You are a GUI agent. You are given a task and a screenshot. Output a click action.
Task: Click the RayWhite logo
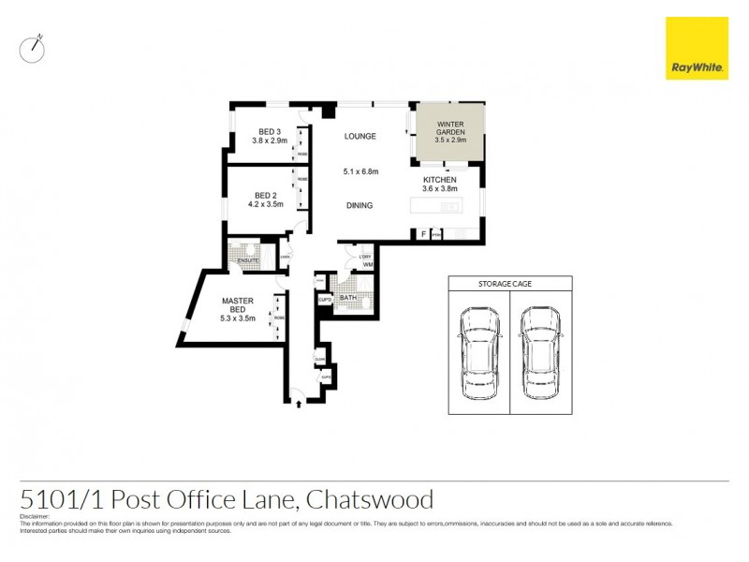coord(697,49)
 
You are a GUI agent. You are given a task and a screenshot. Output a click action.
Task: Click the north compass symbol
coord(33,49)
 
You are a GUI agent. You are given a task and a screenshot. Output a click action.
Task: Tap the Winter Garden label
coord(448,125)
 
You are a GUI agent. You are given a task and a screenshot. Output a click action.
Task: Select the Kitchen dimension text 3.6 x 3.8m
coord(439,189)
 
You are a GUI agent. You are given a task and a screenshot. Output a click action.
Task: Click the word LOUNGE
coord(360,137)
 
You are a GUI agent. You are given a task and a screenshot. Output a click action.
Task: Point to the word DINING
coord(359,206)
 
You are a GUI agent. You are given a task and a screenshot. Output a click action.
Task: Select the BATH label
coord(348,299)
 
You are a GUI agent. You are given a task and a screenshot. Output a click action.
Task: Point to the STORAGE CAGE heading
coord(508,282)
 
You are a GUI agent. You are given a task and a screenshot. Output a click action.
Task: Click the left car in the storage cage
coord(477,351)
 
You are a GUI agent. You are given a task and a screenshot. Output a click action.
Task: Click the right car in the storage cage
coord(540,351)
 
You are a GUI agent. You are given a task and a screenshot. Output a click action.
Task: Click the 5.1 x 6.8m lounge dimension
coord(360,171)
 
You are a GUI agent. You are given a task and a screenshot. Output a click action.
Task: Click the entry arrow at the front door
coord(299,403)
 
